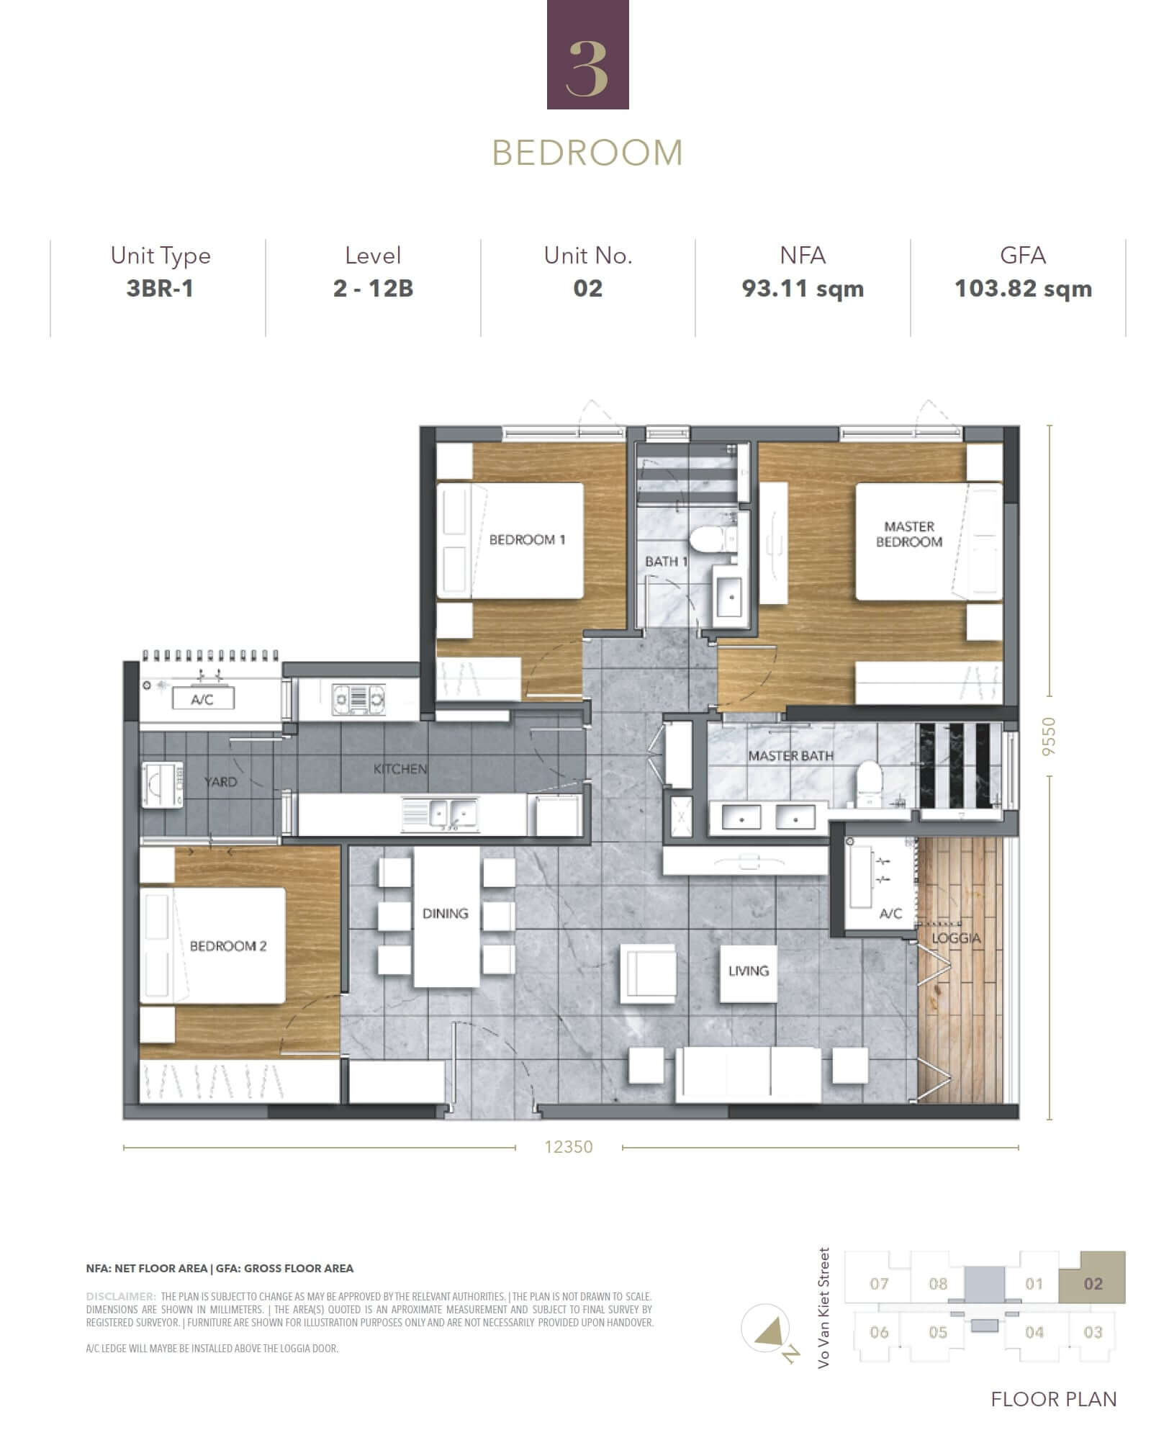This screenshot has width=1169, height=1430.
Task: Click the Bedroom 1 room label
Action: click(527, 540)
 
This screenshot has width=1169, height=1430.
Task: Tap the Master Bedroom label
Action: click(909, 534)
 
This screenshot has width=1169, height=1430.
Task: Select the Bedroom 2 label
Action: click(228, 946)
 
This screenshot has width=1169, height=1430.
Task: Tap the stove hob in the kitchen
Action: click(358, 699)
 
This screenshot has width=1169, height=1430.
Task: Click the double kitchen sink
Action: click(442, 814)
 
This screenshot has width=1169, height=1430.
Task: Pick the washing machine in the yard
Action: click(163, 785)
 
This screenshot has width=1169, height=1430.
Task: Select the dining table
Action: click(446, 916)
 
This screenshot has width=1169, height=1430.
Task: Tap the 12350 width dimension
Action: click(569, 1146)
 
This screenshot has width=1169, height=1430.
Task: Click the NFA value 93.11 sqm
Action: click(803, 289)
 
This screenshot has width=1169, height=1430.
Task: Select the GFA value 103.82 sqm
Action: click(1023, 289)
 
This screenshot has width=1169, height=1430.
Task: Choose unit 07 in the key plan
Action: click(879, 1283)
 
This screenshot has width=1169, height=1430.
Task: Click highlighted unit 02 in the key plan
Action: click(1093, 1283)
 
